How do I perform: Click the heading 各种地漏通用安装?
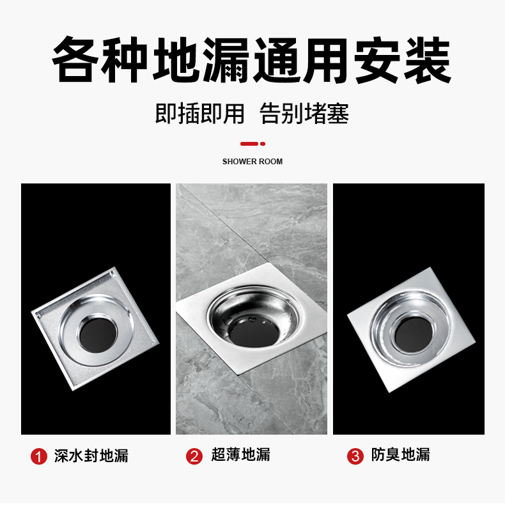[251, 60]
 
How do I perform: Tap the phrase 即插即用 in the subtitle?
[199, 114]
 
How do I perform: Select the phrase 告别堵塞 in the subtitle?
[304, 114]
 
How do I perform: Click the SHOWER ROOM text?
[252, 162]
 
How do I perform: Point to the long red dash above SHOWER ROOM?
[249, 144]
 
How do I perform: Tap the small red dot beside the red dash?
[263, 144]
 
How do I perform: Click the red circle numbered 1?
[39, 456]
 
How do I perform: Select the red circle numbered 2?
[194, 456]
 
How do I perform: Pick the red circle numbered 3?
[355, 456]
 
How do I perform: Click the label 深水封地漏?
[91, 456]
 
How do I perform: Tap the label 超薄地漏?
[241, 455]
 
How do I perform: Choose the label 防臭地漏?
[401, 455]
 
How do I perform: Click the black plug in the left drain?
[98, 336]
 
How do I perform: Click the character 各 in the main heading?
[75, 60]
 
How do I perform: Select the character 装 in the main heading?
[428, 60]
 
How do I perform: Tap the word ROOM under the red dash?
[271, 162]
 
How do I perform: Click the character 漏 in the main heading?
[226, 60]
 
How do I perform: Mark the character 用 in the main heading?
[327, 60]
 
